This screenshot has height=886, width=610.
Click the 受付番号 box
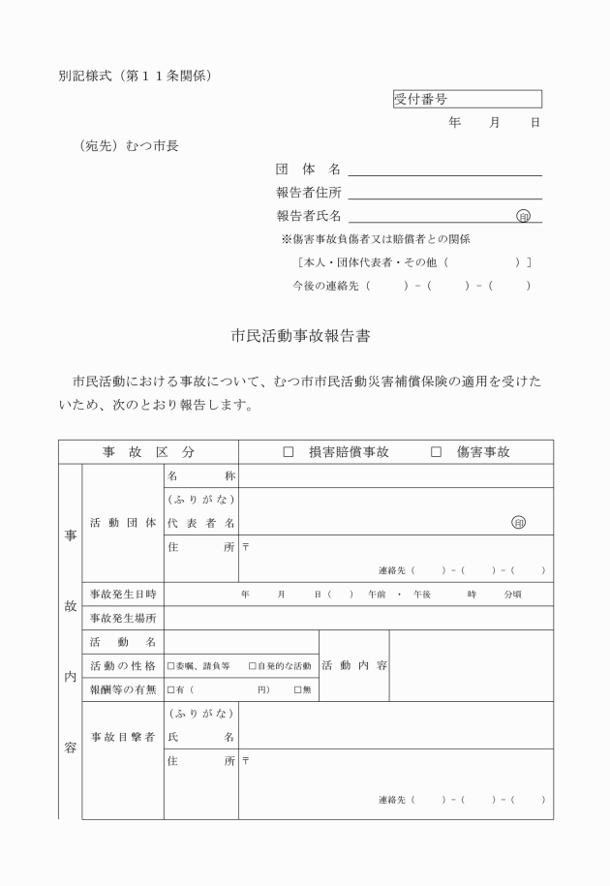[467, 99]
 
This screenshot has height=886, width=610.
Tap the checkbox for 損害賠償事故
[288, 452]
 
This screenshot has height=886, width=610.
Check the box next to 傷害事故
[436, 452]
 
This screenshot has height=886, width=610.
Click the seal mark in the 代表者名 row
[519, 523]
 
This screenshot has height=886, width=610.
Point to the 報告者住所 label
[308, 192]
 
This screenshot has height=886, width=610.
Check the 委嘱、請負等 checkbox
[171, 666]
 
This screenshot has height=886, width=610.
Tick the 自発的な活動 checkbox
[253, 666]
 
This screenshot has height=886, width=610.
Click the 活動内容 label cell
[353, 665]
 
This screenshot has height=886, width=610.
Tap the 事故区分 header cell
[148, 452]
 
